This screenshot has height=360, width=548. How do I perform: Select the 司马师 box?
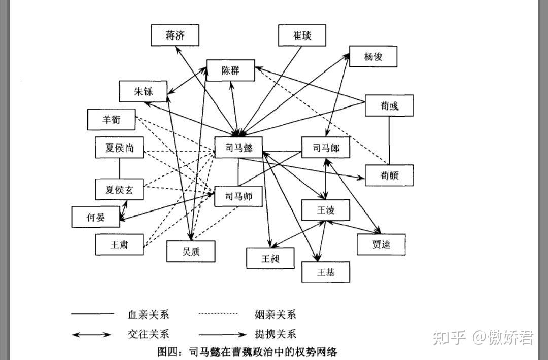pyautogui.click(x=237, y=196)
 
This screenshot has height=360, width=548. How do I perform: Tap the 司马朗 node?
pyautogui.click(x=325, y=148)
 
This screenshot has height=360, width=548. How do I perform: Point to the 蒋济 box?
pyautogui.click(x=175, y=35)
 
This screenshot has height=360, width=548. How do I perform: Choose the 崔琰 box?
pyautogui.click(x=302, y=35)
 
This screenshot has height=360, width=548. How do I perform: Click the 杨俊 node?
pyautogui.click(x=373, y=56)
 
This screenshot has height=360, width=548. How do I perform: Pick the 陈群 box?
pyautogui.click(x=230, y=70)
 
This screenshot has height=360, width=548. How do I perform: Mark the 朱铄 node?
pyautogui.click(x=143, y=92)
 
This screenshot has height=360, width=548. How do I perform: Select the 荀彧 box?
pyautogui.click(x=389, y=105)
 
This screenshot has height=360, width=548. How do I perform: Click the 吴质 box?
pyautogui.click(x=191, y=250)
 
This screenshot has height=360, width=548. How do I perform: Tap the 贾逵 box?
pyautogui.click(x=381, y=244)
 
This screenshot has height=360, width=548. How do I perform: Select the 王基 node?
pyautogui.click(x=326, y=272)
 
